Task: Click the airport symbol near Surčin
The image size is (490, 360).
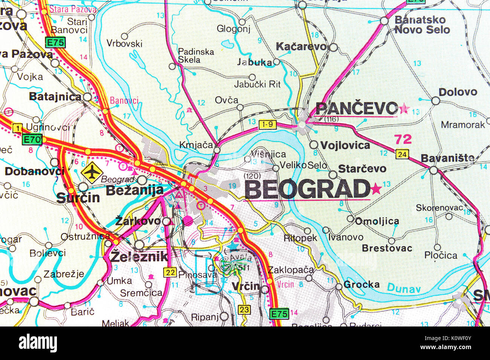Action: click(x=92, y=172)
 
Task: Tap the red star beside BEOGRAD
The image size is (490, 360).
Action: click(x=376, y=189)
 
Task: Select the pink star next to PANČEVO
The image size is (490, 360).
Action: click(x=404, y=109)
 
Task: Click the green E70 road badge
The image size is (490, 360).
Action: click(x=32, y=140)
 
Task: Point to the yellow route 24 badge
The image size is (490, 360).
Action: click(x=402, y=154)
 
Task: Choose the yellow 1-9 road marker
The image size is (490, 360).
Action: click(x=268, y=124)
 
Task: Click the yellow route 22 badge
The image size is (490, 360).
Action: click(x=170, y=272)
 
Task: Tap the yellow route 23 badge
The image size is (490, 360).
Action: click(x=244, y=310)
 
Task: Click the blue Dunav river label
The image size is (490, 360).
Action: click(x=404, y=289)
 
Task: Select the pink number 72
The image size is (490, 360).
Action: click(x=403, y=139)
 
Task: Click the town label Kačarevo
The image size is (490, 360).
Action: click(x=301, y=47)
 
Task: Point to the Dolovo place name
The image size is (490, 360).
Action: click(x=458, y=92)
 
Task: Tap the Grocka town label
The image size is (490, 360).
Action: click(x=361, y=285)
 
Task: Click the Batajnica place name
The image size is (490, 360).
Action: click(x=55, y=97)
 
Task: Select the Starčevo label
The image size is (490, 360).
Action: click(x=362, y=169)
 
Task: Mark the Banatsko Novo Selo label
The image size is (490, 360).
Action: click(x=422, y=25)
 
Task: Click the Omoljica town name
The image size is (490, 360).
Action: click(x=377, y=221)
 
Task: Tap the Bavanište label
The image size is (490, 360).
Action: click(x=447, y=159)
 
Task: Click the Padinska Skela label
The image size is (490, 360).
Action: click(x=196, y=55)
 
